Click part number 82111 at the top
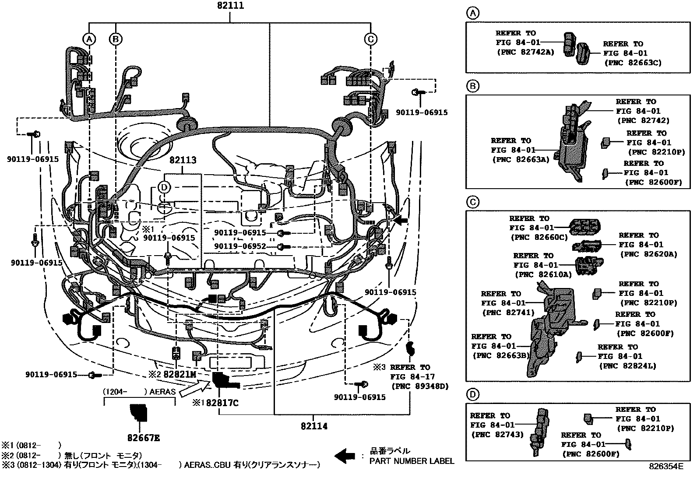click(231, 6)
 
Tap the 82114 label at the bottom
click(314, 426)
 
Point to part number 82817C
click(222, 403)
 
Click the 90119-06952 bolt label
click(240, 247)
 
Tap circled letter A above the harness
click(89, 39)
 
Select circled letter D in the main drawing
click(164, 187)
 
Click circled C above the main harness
click(370, 39)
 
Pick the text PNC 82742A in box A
click(525, 52)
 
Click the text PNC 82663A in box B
click(520, 160)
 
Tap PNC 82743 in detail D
click(497, 435)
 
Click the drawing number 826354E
click(666, 467)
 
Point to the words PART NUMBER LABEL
click(412, 461)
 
